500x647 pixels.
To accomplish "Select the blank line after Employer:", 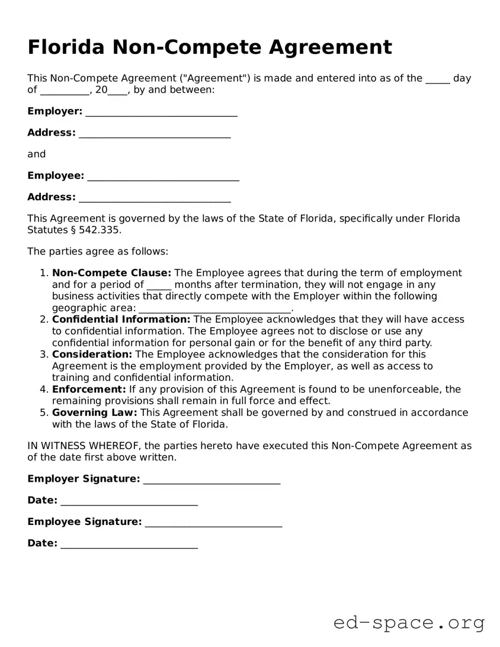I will pos(161,112).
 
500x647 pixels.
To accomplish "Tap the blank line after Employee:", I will pos(163,177).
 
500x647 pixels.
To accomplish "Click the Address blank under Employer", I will pos(155,133).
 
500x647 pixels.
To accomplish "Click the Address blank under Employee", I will pos(155,198).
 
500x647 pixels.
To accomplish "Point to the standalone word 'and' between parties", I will pos(36,154).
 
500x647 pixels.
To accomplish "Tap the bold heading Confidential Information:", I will pos(121,319).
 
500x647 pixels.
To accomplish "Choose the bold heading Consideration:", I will pos(92,354).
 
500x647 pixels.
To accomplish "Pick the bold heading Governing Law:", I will pos(94,412).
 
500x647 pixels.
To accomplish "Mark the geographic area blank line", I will pos(215,309).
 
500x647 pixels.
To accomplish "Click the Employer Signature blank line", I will pos(211,479).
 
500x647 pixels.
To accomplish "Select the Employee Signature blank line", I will pos(213,523).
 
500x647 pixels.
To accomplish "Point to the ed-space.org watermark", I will pos(409,623).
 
